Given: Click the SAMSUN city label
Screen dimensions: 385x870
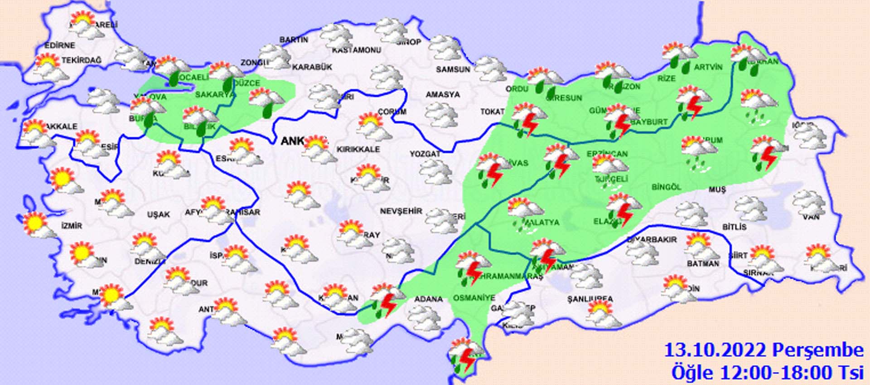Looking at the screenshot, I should coord(453,69).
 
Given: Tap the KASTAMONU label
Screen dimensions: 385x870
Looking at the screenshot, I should coord(356,50).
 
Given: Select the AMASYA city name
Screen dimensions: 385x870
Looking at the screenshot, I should coord(443,95).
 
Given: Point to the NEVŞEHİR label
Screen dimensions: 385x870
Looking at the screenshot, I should coord(401,211).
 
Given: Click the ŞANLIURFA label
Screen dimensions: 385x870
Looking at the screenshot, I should coord(590,299).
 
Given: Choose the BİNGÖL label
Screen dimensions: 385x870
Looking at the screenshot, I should coord(666,187).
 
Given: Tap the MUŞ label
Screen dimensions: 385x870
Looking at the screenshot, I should coord(717,190).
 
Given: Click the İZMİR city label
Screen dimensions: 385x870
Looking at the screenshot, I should coord(72,225).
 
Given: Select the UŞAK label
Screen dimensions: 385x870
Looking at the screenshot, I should coord(158,214).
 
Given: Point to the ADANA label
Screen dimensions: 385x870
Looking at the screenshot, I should coord(428,299).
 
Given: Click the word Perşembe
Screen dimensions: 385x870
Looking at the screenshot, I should coord(818,351).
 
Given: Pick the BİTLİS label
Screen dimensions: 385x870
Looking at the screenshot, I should coord(734,226).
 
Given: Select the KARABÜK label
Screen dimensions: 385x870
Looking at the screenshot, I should coord(312,67).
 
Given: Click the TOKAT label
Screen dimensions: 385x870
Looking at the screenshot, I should coord(492,112).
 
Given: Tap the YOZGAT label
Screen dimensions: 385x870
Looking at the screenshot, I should coord(425,154).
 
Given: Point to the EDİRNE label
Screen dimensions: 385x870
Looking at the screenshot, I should coord(59,45).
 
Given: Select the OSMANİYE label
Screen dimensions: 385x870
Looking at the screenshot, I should coord(474,297).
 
